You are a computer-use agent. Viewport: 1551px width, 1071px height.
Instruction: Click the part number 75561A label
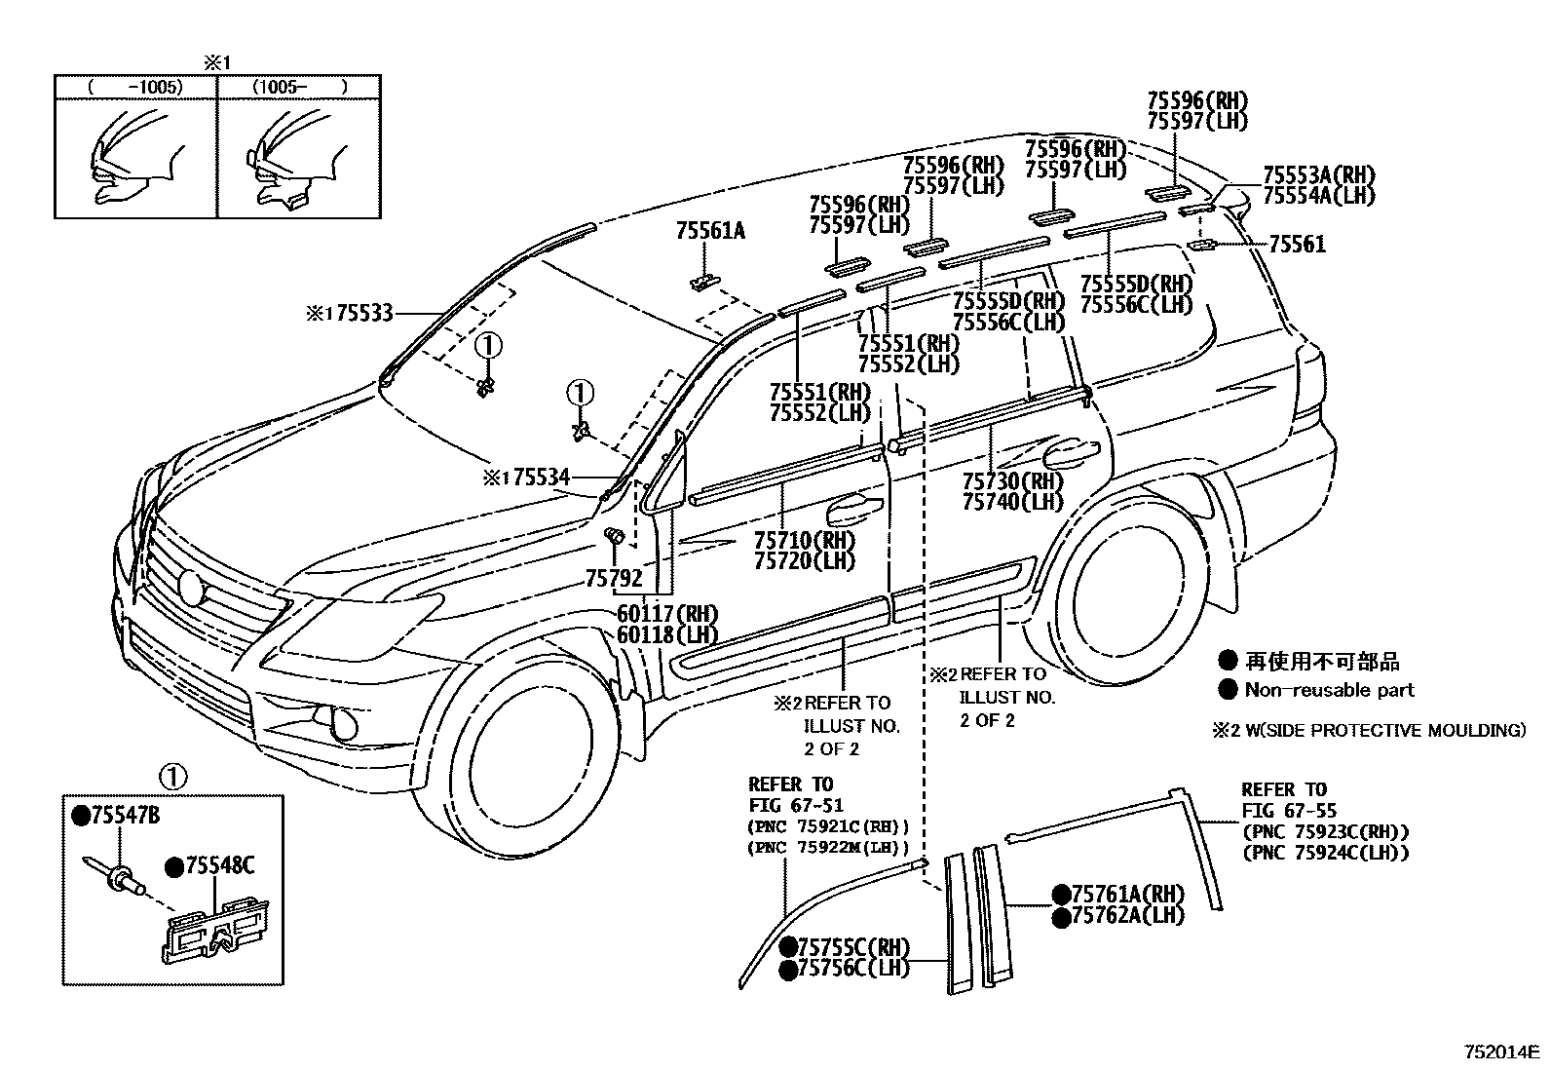[x=709, y=230]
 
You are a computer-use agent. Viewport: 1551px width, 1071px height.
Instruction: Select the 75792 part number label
[x=614, y=579]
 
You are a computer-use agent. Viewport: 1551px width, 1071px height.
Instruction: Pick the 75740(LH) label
[x=1012, y=502]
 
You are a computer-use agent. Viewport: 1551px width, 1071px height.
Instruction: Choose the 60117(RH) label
[x=666, y=614]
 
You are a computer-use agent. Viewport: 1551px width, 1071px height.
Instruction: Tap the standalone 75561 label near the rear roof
[x=1297, y=244]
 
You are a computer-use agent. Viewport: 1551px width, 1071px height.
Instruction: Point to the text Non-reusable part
[x=1329, y=690]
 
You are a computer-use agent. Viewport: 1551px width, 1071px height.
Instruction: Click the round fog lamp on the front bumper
[x=344, y=725]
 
